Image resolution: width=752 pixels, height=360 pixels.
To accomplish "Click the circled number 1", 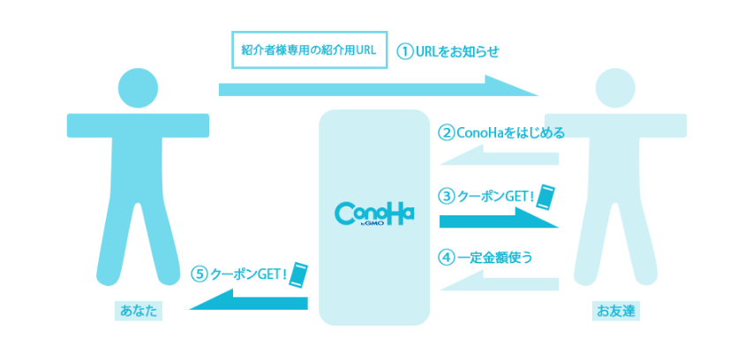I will pos(405,51).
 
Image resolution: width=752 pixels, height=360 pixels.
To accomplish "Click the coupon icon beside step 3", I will pos(547,195).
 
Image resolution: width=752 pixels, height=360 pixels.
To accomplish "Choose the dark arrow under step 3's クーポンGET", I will pos(499,219).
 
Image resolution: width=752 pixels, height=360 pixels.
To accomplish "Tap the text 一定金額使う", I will pos(495,258).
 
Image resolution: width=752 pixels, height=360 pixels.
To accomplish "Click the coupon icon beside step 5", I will pos(301,274).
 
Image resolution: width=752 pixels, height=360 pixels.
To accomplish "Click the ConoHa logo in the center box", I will pos(374,214).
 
